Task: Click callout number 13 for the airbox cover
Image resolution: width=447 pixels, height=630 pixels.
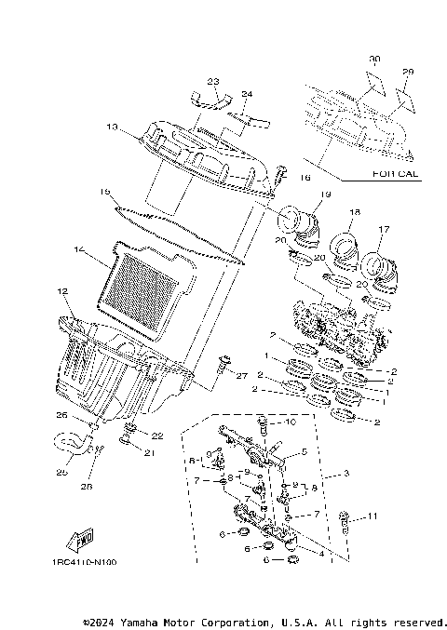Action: pyautogui.click(x=111, y=127)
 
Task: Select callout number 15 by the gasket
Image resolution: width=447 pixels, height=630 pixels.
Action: pyautogui.click(x=105, y=192)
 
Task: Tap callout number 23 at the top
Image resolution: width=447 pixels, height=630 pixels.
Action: pyautogui.click(x=212, y=82)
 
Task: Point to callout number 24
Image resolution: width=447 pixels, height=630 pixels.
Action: pyautogui.click(x=247, y=94)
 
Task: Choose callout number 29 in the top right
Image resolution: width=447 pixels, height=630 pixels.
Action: pyautogui.click(x=407, y=72)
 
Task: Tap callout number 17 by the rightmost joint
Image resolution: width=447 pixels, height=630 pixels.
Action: pyautogui.click(x=383, y=229)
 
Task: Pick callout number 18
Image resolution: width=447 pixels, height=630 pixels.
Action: pyautogui.click(x=354, y=214)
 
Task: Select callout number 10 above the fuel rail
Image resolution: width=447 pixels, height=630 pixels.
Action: pyautogui.click(x=291, y=422)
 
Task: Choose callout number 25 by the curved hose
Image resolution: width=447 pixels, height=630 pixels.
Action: pyautogui.click(x=62, y=472)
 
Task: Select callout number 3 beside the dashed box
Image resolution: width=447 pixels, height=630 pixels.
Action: pyautogui.click(x=345, y=474)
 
